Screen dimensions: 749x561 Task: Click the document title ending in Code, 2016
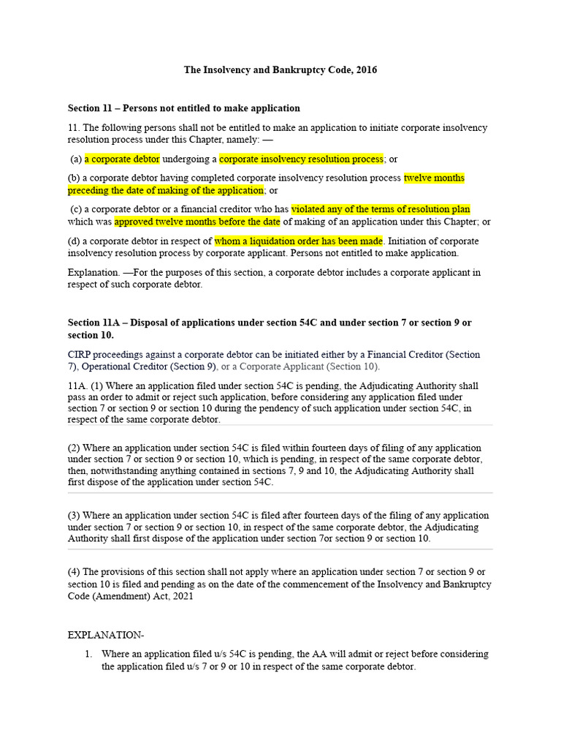280,70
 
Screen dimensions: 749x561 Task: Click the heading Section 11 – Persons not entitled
184,108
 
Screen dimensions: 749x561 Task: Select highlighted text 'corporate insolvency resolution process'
301,159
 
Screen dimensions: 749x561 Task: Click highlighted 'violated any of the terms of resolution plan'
381,209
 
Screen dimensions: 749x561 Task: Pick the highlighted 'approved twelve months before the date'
197,222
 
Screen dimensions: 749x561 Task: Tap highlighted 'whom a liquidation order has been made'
299,241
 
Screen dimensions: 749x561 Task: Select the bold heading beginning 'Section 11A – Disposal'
270,323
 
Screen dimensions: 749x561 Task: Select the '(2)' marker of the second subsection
75,448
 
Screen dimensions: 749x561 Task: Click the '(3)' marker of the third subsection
75,515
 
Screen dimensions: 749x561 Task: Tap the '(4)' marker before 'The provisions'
75,571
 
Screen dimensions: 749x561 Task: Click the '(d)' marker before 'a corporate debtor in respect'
74,241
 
